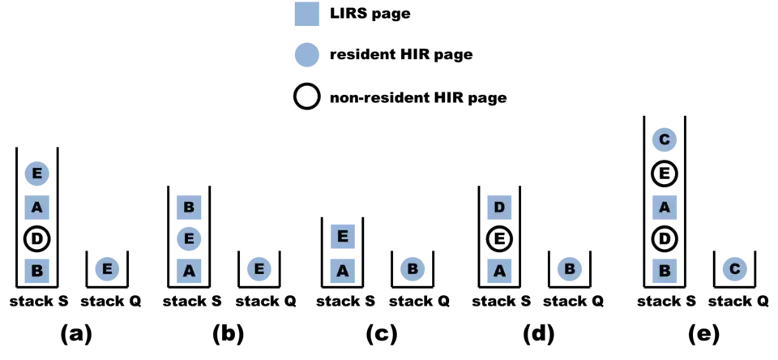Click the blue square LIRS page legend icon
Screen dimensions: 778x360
click(x=307, y=13)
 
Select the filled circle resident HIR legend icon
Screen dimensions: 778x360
click(x=307, y=55)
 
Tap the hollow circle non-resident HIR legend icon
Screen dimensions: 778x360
click(x=307, y=97)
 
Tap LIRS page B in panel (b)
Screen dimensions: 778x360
click(x=189, y=207)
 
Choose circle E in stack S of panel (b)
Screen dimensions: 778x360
click(x=189, y=239)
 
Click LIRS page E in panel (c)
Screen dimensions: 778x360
click(x=344, y=237)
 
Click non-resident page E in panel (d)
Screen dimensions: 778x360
click(x=499, y=239)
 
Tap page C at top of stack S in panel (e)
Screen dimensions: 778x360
click(x=665, y=141)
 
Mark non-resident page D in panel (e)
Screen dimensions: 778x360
click(x=665, y=239)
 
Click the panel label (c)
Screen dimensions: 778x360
click(x=382, y=336)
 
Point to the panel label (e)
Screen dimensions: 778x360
click(x=703, y=336)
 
